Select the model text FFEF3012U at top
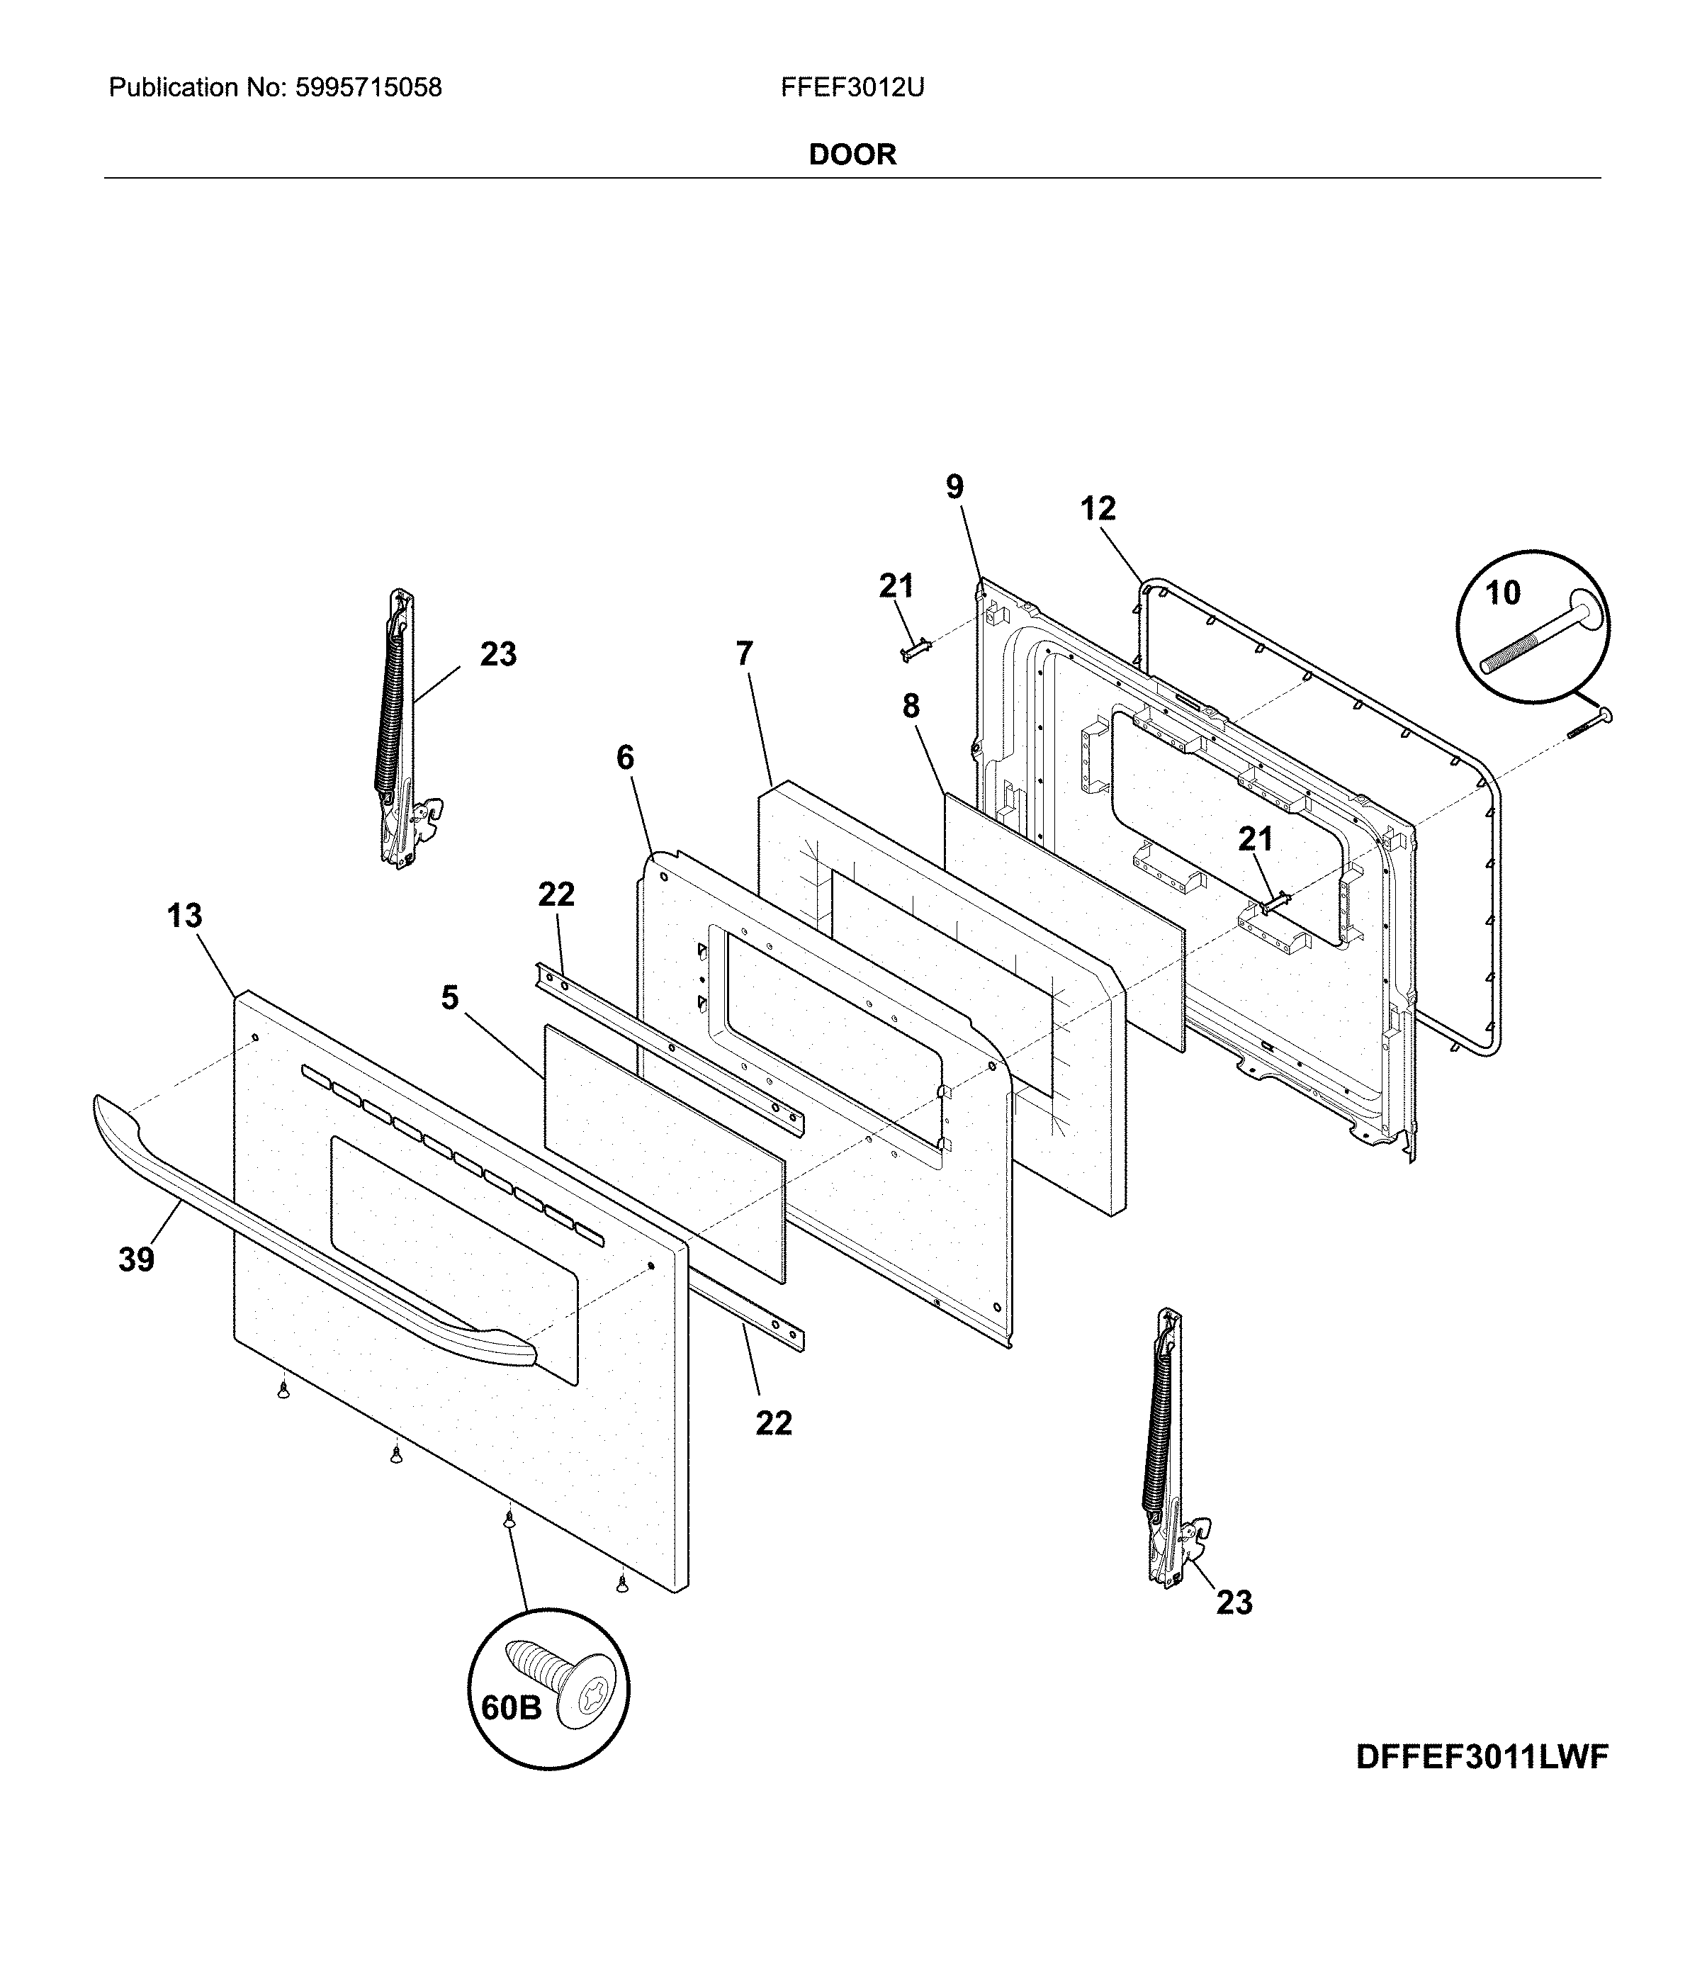851,89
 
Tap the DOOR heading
852,155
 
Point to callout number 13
184,916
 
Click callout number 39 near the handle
136,1259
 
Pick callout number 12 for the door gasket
1098,508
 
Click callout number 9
954,488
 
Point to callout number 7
745,653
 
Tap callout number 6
625,758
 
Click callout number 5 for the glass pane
450,998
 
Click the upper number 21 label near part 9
896,586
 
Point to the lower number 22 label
773,1423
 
